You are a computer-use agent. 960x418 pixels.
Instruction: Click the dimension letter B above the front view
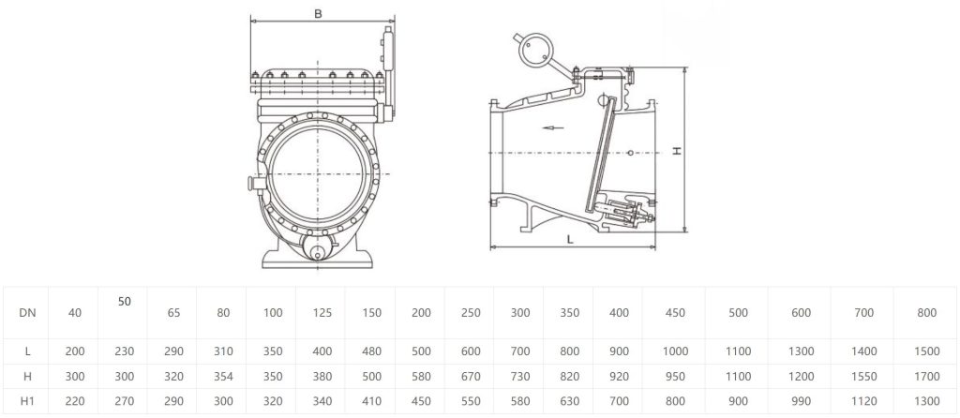click(319, 13)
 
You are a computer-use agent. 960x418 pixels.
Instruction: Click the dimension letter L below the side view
click(570, 239)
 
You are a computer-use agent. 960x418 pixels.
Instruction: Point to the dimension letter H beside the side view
click(677, 150)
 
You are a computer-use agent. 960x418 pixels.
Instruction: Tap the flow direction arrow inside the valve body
click(553, 127)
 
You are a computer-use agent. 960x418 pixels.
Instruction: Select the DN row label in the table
click(27, 313)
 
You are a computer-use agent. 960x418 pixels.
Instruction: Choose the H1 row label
click(27, 401)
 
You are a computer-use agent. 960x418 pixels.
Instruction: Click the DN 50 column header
click(125, 302)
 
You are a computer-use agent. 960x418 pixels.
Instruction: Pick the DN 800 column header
click(927, 313)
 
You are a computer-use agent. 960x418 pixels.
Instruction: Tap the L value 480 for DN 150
click(370, 351)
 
